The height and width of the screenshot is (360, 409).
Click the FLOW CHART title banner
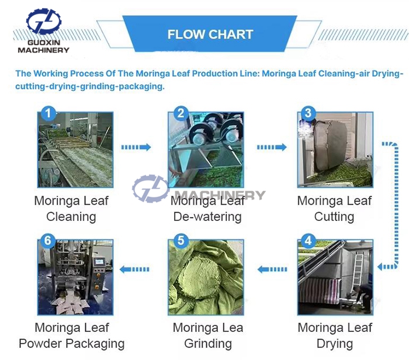pyautogui.click(x=210, y=34)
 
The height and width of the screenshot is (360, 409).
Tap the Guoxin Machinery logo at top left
pyautogui.click(x=43, y=31)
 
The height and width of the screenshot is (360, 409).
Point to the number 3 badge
pyautogui.click(x=308, y=113)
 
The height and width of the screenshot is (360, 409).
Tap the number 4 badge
pyautogui.click(x=308, y=241)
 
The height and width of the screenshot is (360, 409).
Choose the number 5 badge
pyautogui.click(x=181, y=241)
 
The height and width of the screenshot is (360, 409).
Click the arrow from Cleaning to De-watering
pyautogui.click(x=136, y=147)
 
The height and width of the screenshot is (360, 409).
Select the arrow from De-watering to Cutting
pyautogui.click(x=272, y=147)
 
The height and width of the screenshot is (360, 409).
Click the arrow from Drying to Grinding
pyautogui.click(x=272, y=269)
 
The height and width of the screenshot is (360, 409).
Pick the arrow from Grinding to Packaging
pyautogui.click(x=134, y=269)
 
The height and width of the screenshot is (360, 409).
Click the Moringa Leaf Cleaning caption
pyautogui.click(x=71, y=209)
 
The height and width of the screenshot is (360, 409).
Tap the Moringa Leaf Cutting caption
pyautogui.click(x=334, y=209)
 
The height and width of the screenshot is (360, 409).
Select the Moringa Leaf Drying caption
pyautogui.click(x=335, y=335)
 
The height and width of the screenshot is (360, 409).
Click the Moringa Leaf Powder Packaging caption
pyautogui.click(x=71, y=335)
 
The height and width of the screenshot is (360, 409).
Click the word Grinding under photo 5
pyautogui.click(x=208, y=343)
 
